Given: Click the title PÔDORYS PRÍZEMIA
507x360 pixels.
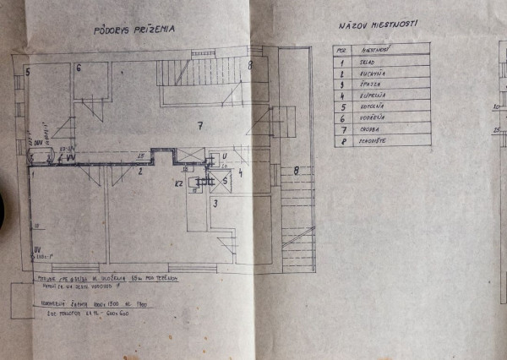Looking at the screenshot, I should click(x=134, y=29).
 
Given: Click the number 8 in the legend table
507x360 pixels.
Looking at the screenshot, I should click(x=341, y=141).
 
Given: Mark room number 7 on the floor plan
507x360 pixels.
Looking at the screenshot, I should click(x=200, y=127).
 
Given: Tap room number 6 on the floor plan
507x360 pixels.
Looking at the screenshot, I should click(x=78, y=68).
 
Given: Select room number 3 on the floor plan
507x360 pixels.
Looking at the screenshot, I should click(x=215, y=204).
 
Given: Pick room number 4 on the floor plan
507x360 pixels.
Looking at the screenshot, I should click(x=240, y=174).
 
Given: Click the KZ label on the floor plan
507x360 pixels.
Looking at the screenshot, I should click(x=179, y=183).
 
